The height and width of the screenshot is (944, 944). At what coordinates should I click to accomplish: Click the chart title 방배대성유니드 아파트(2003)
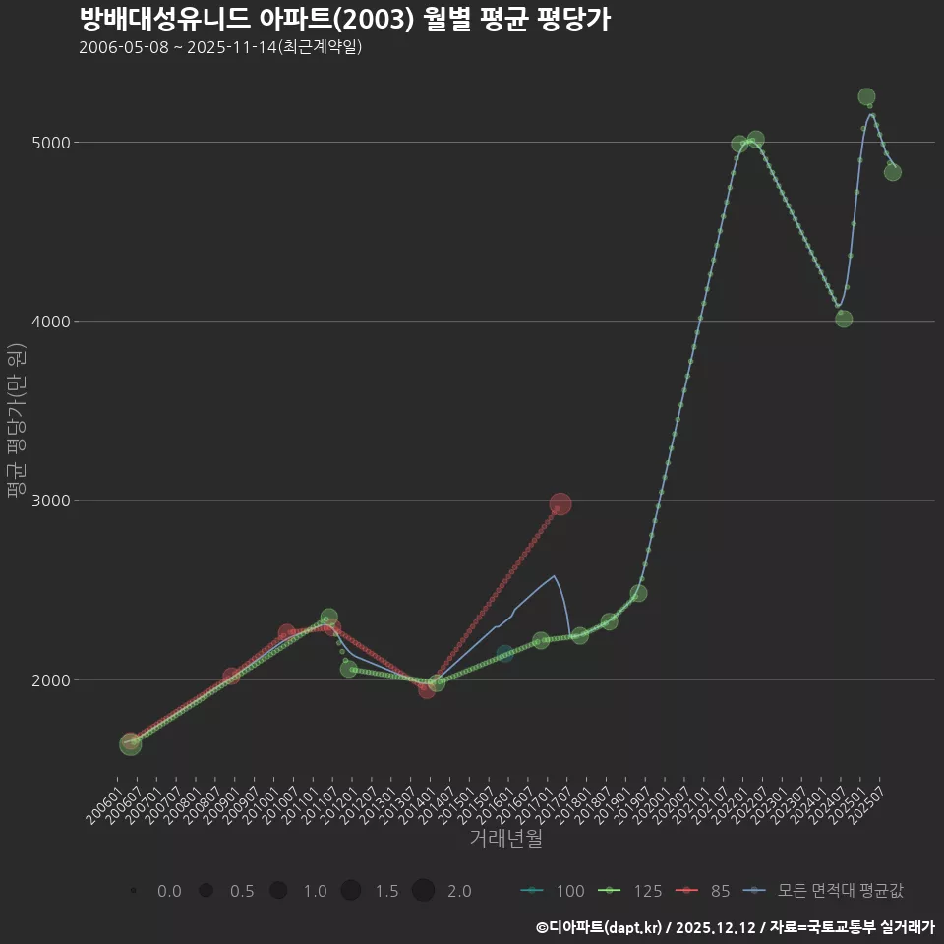344,19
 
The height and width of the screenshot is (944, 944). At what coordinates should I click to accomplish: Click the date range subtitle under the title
220,47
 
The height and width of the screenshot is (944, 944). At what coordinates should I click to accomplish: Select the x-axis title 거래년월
505,839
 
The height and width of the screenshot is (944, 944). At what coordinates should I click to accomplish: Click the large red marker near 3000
560,504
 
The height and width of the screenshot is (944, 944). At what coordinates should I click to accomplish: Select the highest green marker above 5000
866,96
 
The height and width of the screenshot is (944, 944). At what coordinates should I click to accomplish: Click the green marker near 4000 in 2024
844,319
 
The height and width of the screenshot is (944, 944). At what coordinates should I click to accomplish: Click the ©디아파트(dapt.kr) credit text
600,927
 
